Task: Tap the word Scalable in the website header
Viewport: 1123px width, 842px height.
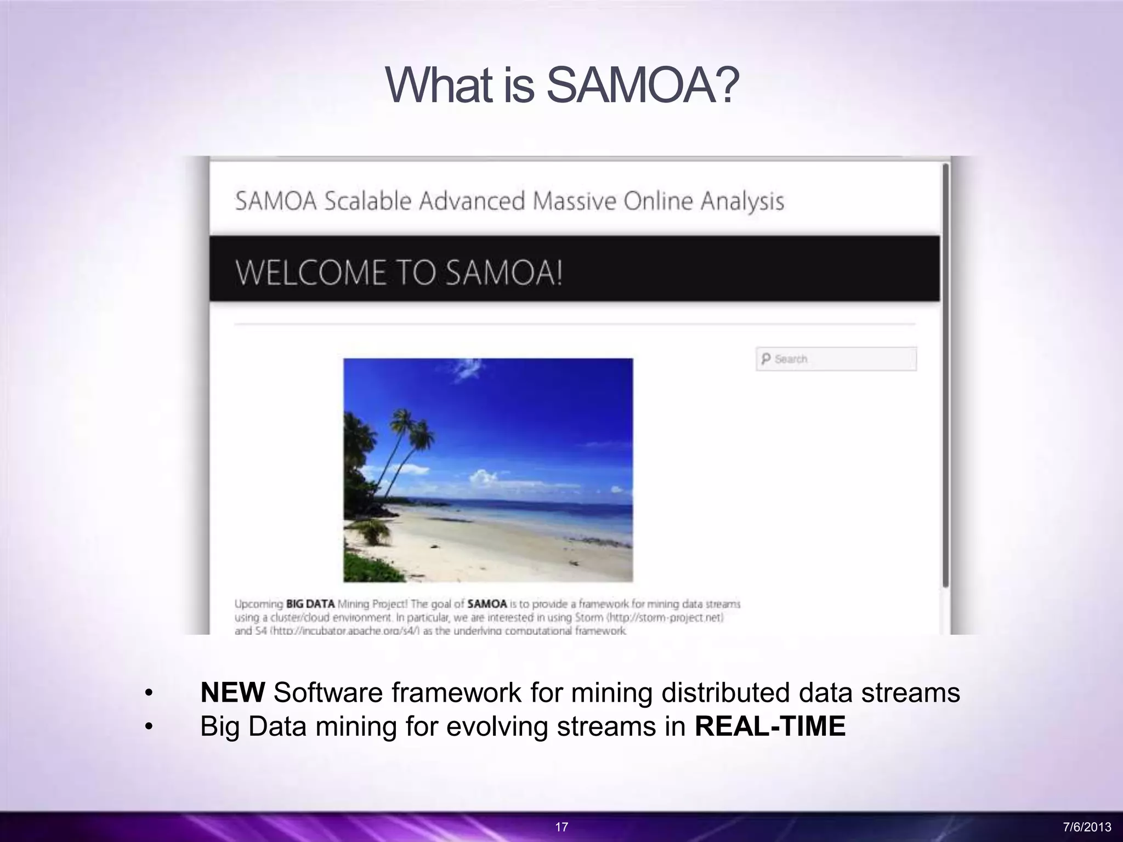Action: (367, 201)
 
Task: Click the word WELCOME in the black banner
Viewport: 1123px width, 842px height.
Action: (310, 273)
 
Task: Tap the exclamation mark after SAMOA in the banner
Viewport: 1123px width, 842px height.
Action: (559, 273)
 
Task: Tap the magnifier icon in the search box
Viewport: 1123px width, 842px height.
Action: (765, 359)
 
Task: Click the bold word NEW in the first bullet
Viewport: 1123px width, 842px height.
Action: (232, 692)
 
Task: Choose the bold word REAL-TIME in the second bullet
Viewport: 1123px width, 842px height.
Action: (770, 726)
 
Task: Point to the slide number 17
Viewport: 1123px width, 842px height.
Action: (561, 827)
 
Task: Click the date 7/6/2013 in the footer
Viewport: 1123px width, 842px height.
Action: (1087, 827)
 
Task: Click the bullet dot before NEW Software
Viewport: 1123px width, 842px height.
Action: (148, 693)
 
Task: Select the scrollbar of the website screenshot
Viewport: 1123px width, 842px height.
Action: (945, 373)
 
